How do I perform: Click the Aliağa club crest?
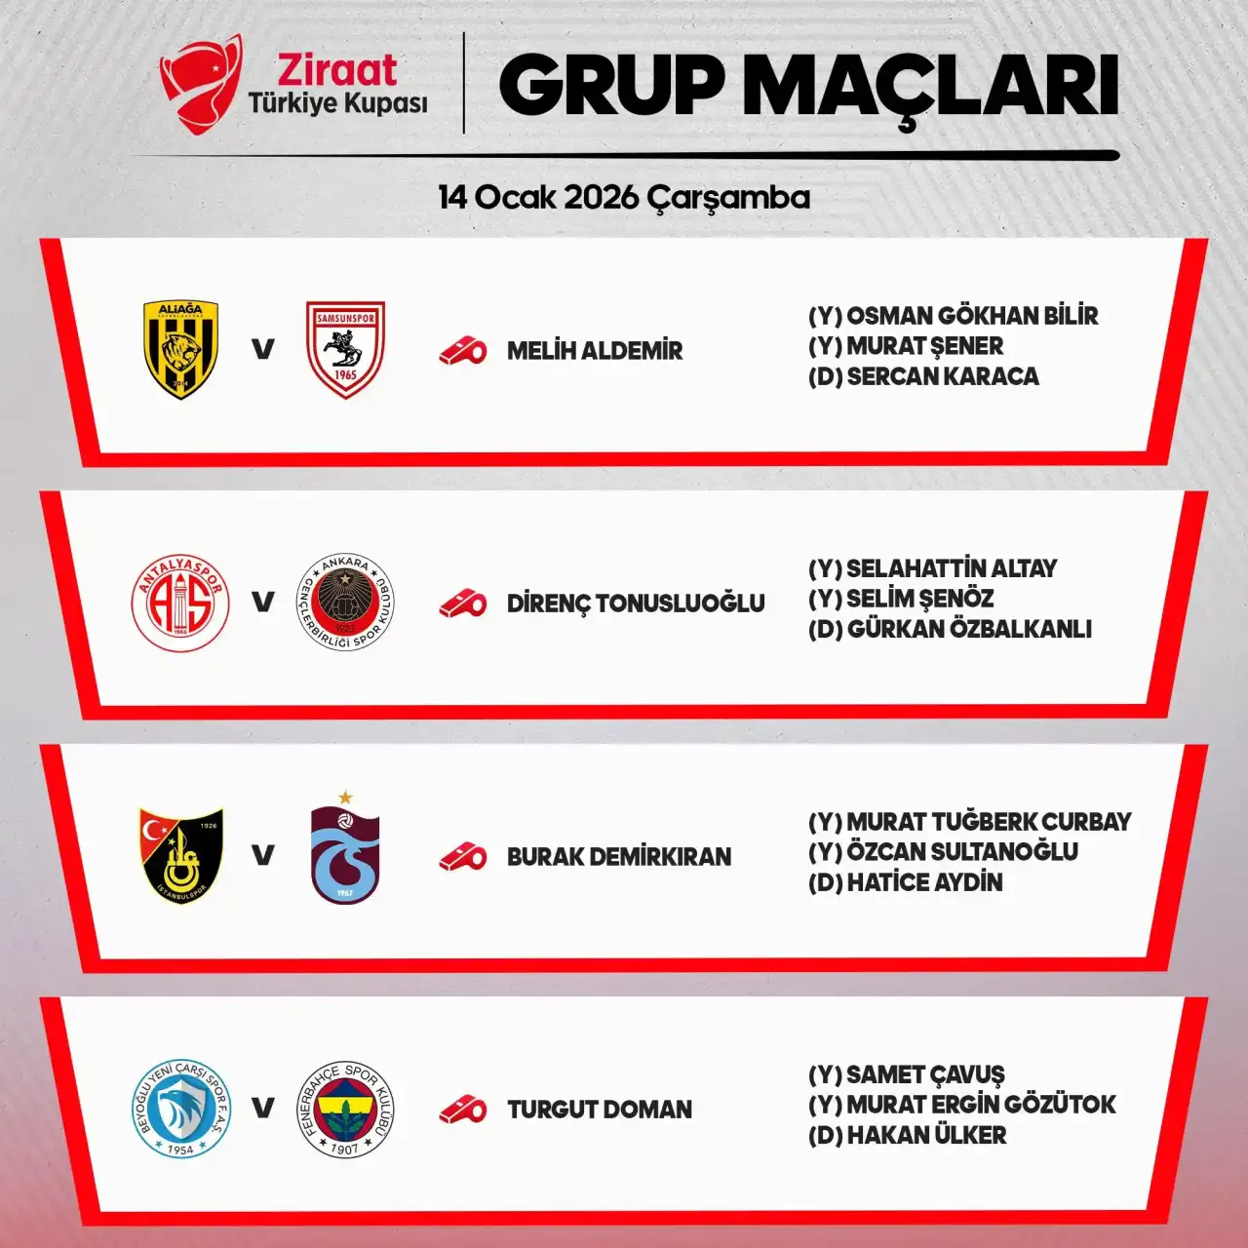click(x=181, y=349)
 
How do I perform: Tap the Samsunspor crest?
click(x=345, y=349)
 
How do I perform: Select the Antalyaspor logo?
click(x=180, y=603)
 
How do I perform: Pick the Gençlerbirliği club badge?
click(x=345, y=603)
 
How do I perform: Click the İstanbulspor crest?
click(x=181, y=855)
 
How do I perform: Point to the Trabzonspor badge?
click(x=345, y=851)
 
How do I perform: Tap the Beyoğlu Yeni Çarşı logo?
click(x=180, y=1109)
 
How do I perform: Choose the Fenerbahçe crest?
click(x=345, y=1109)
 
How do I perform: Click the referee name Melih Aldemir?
click(x=595, y=351)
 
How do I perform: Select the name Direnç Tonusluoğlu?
click(x=636, y=604)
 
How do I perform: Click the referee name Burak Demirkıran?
click(x=619, y=857)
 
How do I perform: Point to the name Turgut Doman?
click(x=600, y=1110)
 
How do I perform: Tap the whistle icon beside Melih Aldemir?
click(x=462, y=351)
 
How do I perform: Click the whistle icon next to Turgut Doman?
click(x=462, y=1110)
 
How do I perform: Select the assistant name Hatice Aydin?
click(x=924, y=882)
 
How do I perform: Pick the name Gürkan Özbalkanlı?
click(x=969, y=630)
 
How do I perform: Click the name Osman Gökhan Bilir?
click(x=972, y=316)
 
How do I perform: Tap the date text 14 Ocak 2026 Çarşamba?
click(x=624, y=197)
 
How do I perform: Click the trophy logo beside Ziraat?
click(x=201, y=83)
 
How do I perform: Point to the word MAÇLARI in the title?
click(x=930, y=86)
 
